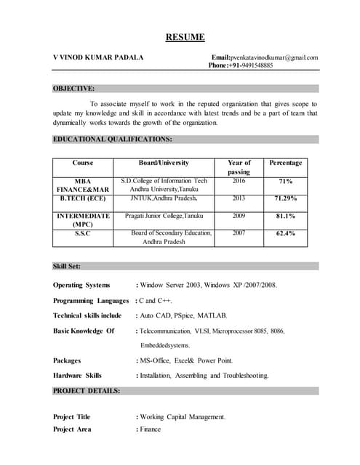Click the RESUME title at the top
pos(185,38)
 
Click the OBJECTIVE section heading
pos(73,89)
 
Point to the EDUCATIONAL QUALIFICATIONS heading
pos(113,138)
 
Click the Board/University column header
pos(164,163)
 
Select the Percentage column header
pos(285,163)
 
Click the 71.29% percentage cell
pos(285,198)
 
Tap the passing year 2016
pos(239,180)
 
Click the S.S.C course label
pos(82,233)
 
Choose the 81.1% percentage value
pos(285,216)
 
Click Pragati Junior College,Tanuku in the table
pos(164,216)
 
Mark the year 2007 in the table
pos(239,233)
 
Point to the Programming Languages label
pos(91,300)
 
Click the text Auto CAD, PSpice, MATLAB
pos(183,315)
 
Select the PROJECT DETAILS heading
pos(87,391)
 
